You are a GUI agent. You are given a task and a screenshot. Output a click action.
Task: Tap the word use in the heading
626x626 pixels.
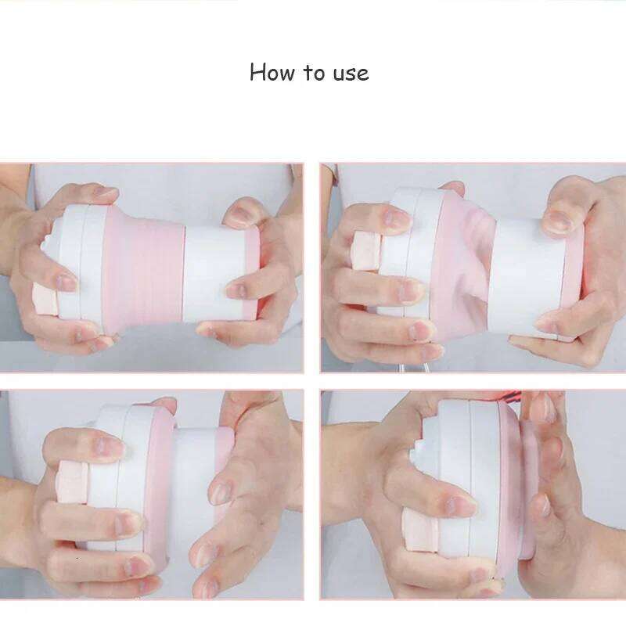coord(349,74)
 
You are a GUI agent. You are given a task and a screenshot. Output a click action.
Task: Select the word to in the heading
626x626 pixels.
coord(314,73)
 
